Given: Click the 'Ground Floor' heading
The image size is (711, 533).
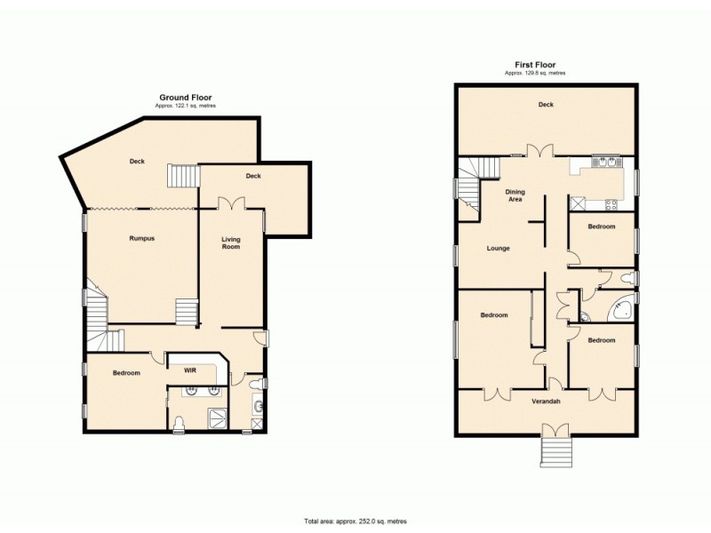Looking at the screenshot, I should pyautogui.click(x=185, y=97).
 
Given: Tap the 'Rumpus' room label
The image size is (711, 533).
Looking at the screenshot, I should pyautogui.click(x=142, y=238).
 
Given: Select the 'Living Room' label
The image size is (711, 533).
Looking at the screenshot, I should pyautogui.click(x=231, y=243).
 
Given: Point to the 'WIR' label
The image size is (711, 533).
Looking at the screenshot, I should pyautogui.click(x=189, y=370).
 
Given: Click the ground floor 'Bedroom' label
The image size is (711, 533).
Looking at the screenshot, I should pyautogui.click(x=126, y=373).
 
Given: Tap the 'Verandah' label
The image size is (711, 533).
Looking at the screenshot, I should pyautogui.click(x=546, y=402).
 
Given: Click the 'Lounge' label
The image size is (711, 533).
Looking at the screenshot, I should pyautogui.click(x=498, y=248).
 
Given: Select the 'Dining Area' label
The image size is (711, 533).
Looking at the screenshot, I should pyautogui.click(x=515, y=195).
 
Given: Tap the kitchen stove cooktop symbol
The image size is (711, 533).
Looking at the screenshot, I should pyautogui.click(x=611, y=203).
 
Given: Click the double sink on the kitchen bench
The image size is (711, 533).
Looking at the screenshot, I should pyautogui.click(x=604, y=163).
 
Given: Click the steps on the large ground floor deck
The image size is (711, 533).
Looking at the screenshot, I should pyautogui.click(x=182, y=176).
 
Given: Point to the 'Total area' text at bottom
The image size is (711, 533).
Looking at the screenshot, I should pyautogui.click(x=355, y=521).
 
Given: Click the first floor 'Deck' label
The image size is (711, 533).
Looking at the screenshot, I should pyautogui.click(x=546, y=105).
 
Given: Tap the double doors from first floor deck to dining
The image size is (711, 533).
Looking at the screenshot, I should pyautogui.click(x=534, y=151).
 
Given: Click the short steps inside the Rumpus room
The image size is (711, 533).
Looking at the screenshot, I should pyautogui.click(x=186, y=312).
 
